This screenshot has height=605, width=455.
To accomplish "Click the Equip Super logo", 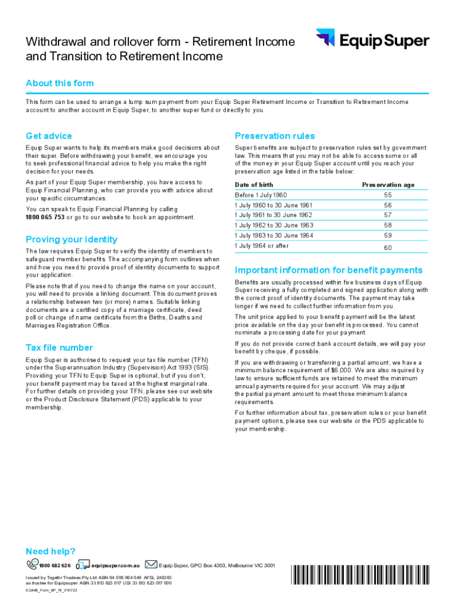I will pos(372,40).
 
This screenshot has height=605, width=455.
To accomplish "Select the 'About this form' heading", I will pos(59,83).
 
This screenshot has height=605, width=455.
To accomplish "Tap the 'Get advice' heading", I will pos(48,136).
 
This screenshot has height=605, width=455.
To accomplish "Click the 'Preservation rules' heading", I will pos(275,136).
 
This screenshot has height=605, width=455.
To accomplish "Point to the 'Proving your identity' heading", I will pos(71,239).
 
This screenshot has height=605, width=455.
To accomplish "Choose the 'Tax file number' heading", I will pos(59,347).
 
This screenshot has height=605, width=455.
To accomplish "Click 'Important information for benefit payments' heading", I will pos(329,270).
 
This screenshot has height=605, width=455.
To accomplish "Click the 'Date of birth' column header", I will pos(254,185).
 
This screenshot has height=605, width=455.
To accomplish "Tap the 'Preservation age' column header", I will pos(388,185).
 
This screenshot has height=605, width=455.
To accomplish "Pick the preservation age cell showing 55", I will pos(388,195).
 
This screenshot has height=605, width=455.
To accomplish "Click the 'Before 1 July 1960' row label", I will pos(261,195).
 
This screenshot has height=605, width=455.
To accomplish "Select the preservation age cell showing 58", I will pos(388,225).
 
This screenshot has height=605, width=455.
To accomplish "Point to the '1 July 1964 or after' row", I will pos(262,246).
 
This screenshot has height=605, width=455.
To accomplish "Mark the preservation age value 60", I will pos(388,248).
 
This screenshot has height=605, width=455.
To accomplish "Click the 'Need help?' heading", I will pos(50,551).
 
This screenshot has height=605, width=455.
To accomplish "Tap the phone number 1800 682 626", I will pos(54,565).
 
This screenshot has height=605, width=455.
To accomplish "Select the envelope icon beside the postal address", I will pos(151,565).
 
